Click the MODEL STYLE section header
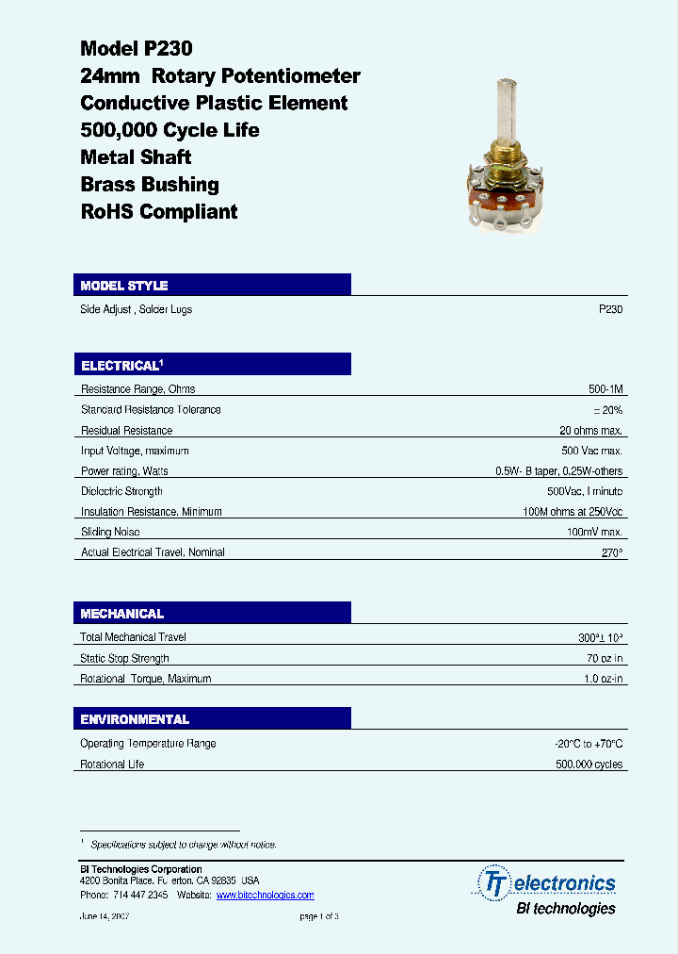click(x=124, y=286)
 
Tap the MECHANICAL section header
click(x=122, y=614)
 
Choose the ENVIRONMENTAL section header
click(x=135, y=719)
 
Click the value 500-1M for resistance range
click(x=605, y=389)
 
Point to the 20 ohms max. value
click(x=590, y=431)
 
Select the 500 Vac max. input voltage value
click(x=591, y=451)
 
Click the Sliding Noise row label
click(x=110, y=533)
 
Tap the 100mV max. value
click(x=595, y=533)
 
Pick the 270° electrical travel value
click(x=612, y=552)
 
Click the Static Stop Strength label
click(x=124, y=659)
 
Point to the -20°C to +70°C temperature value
click(x=589, y=744)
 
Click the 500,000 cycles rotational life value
click(x=589, y=765)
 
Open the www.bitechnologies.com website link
click(x=265, y=896)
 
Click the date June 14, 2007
click(x=104, y=916)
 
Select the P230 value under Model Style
click(x=610, y=309)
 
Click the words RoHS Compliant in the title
click(x=159, y=212)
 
